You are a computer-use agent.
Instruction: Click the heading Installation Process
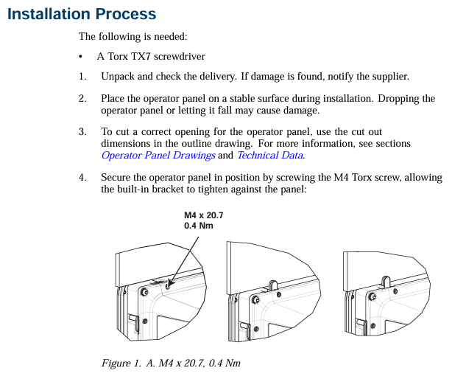pyautogui.click(x=82, y=14)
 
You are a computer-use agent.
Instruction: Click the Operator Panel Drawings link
pyautogui.click(x=158, y=156)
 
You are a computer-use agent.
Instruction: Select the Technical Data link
pyautogui.click(x=270, y=156)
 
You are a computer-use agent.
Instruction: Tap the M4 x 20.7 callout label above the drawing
pyautogui.click(x=204, y=215)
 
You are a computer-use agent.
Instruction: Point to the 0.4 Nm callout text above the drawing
pyautogui.click(x=199, y=226)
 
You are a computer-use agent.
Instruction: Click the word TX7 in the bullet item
pyautogui.click(x=141, y=56)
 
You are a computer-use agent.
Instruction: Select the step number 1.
pyautogui.click(x=82, y=77)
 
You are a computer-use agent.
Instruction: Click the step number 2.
pyautogui.click(x=82, y=99)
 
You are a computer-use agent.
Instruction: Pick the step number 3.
pyautogui.click(x=82, y=131)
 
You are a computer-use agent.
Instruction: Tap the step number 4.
pyautogui.click(x=82, y=178)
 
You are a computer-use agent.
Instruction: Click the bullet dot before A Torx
pyautogui.click(x=80, y=57)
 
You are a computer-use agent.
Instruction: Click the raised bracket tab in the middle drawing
pyautogui.click(x=273, y=285)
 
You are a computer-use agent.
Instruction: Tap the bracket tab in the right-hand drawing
pyautogui.click(x=386, y=282)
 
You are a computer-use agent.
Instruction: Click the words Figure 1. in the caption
pyautogui.click(x=121, y=364)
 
